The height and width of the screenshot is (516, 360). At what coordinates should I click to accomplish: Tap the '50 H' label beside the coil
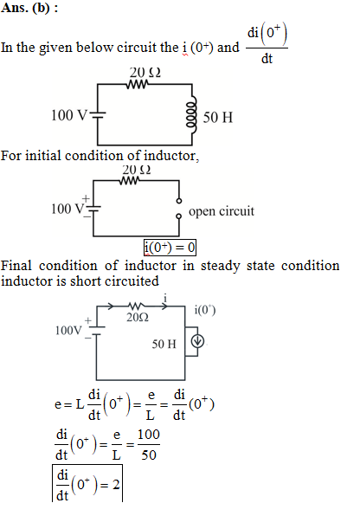point(218,118)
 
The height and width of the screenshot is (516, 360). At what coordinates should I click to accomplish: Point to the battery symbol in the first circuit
point(98,114)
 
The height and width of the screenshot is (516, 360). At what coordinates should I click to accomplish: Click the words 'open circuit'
point(222,211)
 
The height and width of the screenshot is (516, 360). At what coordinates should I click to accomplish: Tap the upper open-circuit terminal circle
point(179,200)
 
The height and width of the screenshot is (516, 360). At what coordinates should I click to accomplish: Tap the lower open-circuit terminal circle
point(178,216)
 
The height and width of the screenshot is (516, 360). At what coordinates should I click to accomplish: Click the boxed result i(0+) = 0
point(170,247)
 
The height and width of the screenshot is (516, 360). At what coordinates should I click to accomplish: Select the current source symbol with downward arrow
point(197,341)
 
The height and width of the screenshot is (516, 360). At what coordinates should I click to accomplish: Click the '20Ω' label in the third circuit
point(138,317)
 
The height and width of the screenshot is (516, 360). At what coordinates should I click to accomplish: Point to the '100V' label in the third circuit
point(68,330)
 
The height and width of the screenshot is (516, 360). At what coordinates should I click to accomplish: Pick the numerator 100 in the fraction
point(149,435)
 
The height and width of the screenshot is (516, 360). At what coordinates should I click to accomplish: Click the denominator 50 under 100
point(149,455)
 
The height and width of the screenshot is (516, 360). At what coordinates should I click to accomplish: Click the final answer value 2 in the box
point(116,485)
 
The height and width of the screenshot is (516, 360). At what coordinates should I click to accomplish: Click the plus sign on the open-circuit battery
point(86,198)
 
